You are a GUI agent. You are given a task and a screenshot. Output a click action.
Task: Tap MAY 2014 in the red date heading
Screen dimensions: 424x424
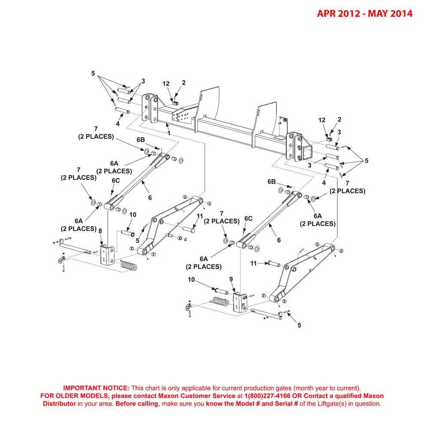click(x=391, y=14)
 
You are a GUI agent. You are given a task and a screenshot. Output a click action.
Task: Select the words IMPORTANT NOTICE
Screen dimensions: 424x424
click(x=96, y=388)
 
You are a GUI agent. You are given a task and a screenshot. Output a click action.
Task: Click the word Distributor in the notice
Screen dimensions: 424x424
click(x=59, y=404)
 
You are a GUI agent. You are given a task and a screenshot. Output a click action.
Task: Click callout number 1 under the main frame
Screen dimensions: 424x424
click(x=169, y=133)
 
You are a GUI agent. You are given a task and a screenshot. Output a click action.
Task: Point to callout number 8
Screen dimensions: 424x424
click(x=100, y=231)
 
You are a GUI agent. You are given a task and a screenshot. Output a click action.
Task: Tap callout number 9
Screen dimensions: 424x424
click(x=231, y=279)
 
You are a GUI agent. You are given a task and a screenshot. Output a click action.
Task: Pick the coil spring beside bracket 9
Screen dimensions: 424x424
click(x=220, y=302)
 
